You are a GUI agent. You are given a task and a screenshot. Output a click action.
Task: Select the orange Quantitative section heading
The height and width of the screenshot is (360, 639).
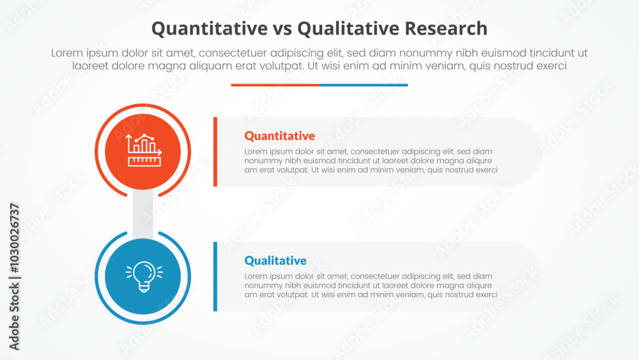(x=279, y=136)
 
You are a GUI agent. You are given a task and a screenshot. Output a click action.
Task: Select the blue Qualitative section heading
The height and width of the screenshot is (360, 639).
(x=275, y=260)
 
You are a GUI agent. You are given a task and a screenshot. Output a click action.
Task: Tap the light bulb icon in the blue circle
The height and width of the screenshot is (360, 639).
(x=143, y=276)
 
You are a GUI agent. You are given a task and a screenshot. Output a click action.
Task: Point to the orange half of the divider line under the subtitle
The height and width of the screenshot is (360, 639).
(x=275, y=84)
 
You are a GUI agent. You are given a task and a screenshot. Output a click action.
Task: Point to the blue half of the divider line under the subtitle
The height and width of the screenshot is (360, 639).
(x=363, y=84)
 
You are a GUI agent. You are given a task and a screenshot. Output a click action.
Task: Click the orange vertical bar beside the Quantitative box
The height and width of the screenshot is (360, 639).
(x=215, y=152)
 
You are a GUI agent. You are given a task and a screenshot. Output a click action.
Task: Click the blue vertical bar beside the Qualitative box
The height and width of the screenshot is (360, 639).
(x=215, y=276)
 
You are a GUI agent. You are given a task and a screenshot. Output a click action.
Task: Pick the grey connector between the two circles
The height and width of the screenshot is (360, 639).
(x=142, y=215)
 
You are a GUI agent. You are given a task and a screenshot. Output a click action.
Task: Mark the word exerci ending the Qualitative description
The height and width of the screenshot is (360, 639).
(x=485, y=295)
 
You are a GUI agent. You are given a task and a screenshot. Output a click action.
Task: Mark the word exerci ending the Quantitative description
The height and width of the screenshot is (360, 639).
(x=485, y=170)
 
